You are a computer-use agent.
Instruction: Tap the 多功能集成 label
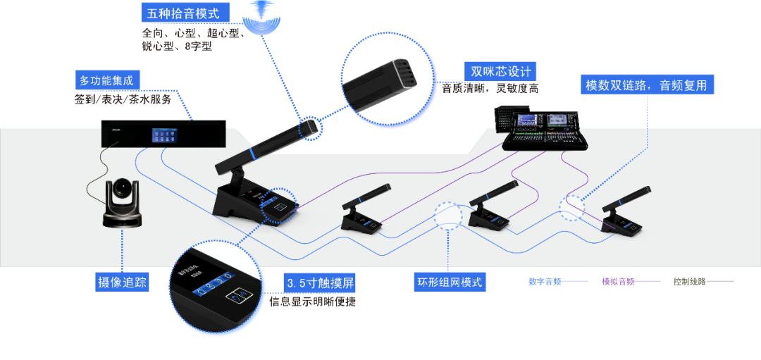click(x=106, y=81)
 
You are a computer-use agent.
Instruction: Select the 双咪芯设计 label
click(x=500, y=71)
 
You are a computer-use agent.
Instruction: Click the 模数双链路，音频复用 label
click(x=646, y=86)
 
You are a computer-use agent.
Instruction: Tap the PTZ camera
click(x=123, y=204)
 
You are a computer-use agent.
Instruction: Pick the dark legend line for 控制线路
click(x=720, y=282)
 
